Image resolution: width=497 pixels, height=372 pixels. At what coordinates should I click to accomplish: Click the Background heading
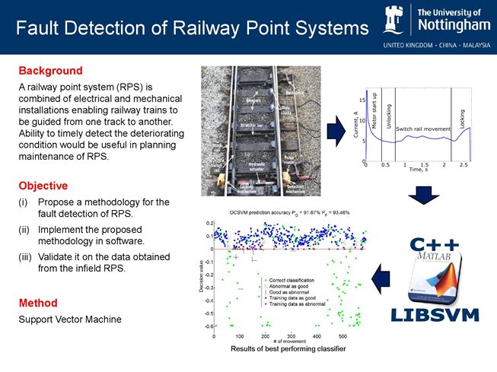[50, 71]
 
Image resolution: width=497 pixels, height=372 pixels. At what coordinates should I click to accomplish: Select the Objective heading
[43, 186]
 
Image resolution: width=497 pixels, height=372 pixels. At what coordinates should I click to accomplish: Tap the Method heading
[39, 303]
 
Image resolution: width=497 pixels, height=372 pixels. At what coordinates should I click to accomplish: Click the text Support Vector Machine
[69, 320]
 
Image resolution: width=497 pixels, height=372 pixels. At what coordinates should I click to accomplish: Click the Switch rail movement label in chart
[422, 129]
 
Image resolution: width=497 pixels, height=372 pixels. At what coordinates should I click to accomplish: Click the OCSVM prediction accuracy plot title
[289, 212]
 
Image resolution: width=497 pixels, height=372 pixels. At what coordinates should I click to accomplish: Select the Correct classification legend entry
[274, 280]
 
